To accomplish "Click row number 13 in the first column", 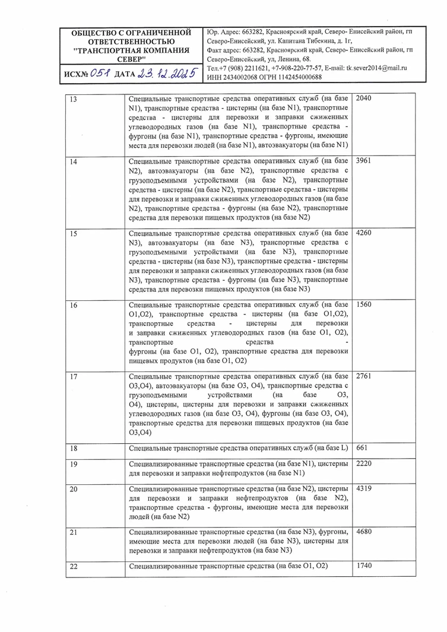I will point(74,99).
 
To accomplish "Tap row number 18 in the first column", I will point(74,449).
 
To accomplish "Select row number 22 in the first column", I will point(74,567).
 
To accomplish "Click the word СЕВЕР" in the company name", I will point(131,60).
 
